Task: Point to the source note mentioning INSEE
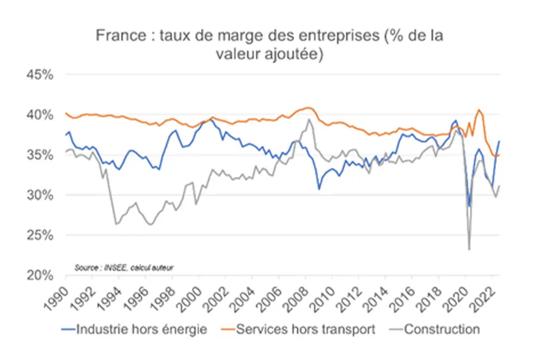pos(128,267)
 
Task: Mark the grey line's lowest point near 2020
pos(469,249)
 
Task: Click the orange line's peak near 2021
pos(479,110)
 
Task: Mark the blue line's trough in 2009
pos(319,189)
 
